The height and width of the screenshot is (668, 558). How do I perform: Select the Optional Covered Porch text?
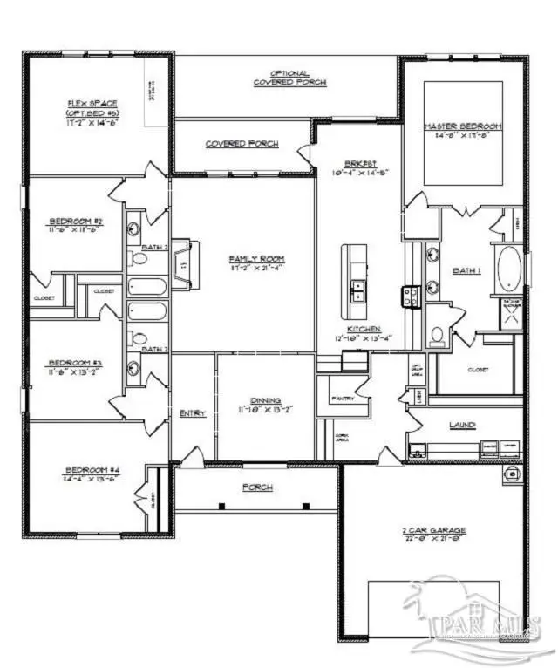[x=290, y=78]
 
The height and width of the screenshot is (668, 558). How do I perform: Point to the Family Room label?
[x=257, y=259]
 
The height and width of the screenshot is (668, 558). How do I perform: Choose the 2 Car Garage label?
[x=434, y=529]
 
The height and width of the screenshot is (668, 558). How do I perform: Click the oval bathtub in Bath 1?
[x=507, y=267]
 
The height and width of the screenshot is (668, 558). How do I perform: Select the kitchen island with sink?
[x=354, y=272]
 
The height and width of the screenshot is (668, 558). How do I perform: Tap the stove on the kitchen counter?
[x=411, y=297]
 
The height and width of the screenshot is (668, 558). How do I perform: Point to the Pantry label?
[x=342, y=398]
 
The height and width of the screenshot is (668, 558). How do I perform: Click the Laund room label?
[x=462, y=425]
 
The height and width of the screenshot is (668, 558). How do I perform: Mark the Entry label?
[x=192, y=413]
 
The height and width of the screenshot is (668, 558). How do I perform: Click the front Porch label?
[x=258, y=487]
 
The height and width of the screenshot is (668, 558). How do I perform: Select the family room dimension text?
[x=257, y=269]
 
